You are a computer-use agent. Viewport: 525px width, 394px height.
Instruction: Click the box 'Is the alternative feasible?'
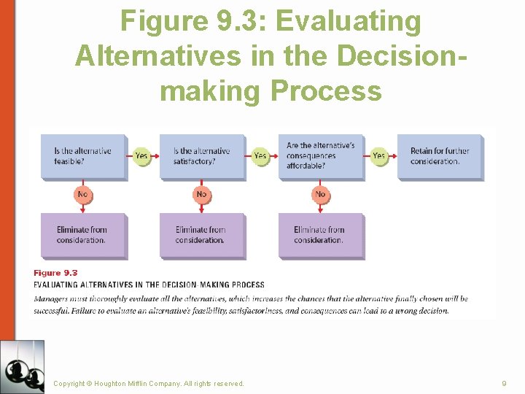(x=82, y=156)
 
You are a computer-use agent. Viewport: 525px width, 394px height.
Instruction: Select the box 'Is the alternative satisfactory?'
(x=202, y=156)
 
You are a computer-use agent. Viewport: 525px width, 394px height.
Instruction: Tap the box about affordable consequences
(x=321, y=156)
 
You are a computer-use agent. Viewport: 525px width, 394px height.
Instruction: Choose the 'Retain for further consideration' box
(x=440, y=156)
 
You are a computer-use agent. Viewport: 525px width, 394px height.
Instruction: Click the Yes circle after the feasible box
(x=141, y=155)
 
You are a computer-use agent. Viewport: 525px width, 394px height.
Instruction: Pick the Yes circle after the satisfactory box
(x=260, y=155)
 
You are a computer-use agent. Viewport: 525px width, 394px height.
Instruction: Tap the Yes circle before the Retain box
(x=379, y=155)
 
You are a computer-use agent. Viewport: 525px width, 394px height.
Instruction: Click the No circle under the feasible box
(x=82, y=194)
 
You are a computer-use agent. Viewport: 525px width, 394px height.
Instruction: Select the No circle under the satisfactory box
(x=201, y=194)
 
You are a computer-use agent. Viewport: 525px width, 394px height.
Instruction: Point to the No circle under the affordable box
(x=320, y=194)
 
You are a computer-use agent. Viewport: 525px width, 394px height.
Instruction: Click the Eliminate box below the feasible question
(x=82, y=235)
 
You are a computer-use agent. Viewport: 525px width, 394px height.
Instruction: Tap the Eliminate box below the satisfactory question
(x=201, y=235)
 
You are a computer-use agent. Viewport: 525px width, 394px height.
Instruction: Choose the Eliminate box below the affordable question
(x=320, y=235)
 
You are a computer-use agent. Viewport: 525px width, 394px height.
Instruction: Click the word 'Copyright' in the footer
(x=69, y=383)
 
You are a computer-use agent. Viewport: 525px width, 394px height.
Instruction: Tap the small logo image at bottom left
(x=22, y=366)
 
